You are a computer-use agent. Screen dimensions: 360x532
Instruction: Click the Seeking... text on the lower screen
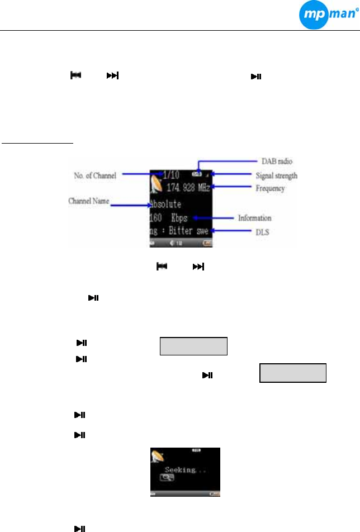(x=184, y=471)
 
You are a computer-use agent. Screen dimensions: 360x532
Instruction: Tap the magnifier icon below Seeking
(x=165, y=479)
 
